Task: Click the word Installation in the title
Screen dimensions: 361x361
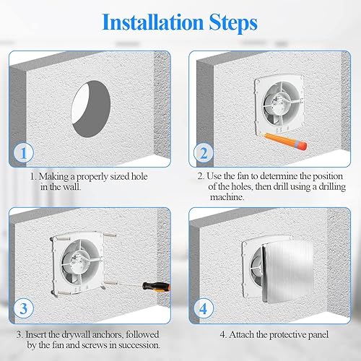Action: click(148, 21)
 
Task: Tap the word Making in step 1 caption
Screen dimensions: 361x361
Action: click(58, 175)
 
